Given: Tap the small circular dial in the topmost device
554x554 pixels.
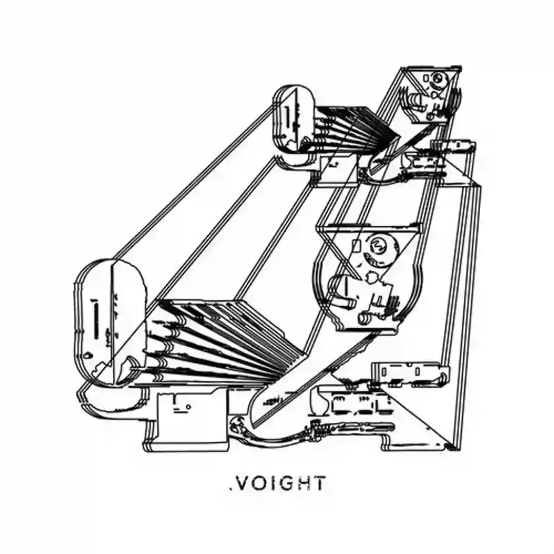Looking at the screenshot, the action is click(x=439, y=80).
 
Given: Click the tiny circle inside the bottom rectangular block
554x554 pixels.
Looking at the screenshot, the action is click(x=189, y=407).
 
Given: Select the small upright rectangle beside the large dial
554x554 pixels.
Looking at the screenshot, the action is click(x=357, y=245).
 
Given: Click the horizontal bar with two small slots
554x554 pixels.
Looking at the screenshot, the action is click(x=410, y=372).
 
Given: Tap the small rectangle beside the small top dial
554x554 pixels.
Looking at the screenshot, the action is click(x=427, y=78).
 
